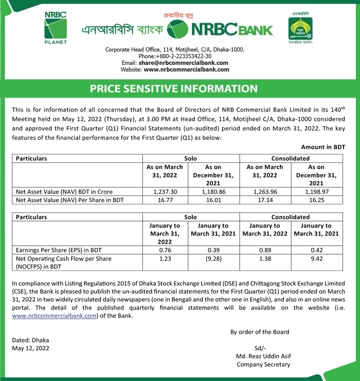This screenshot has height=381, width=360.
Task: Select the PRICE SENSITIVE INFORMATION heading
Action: point(174,88)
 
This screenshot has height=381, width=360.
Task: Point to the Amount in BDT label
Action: point(322,147)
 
